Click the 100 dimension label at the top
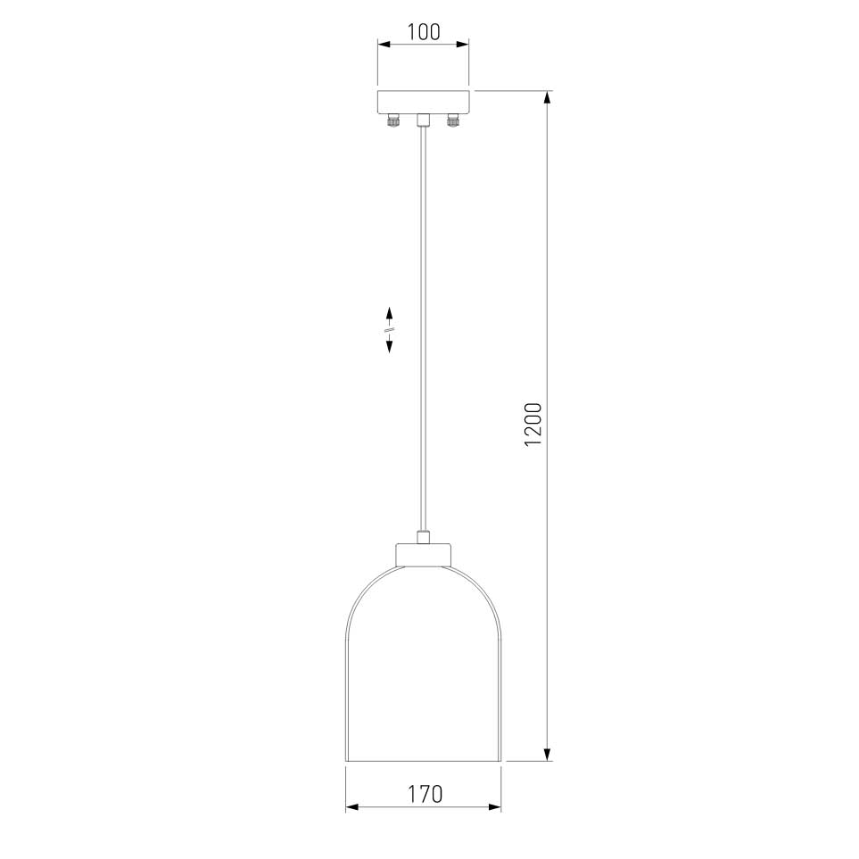(x=424, y=32)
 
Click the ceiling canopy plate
(x=424, y=102)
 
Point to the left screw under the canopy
(x=392, y=120)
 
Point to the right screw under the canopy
(x=452, y=120)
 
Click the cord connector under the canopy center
(x=423, y=120)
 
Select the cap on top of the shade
(x=424, y=554)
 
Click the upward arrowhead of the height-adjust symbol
(x=389, y=314)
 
